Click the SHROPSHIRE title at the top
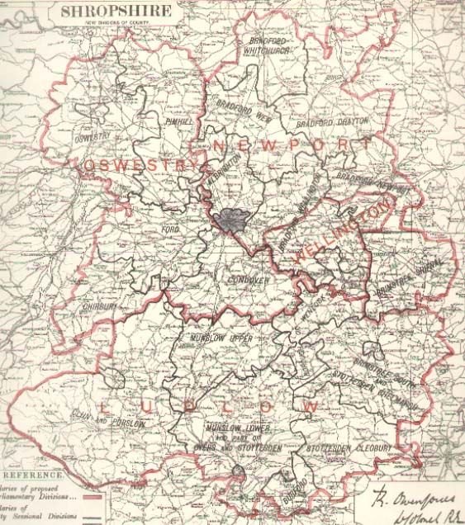coord(116,12)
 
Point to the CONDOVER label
coord(249,281)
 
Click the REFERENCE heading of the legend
coord(34,476)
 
